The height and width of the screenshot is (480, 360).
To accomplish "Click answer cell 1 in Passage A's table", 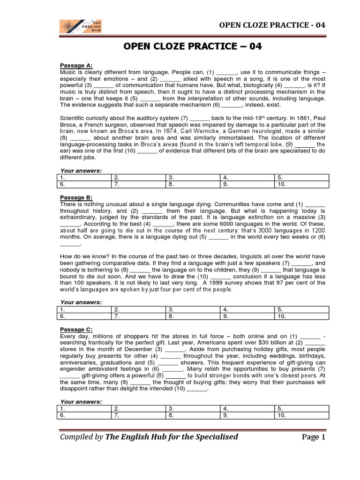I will [83, 178].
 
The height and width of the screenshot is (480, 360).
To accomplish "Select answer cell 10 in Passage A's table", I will [301, 184].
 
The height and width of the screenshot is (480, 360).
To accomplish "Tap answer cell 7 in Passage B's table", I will [138, 316].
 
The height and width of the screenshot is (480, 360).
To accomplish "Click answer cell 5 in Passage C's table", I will [301, 408].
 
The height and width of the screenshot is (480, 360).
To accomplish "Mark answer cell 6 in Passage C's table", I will [83, 415].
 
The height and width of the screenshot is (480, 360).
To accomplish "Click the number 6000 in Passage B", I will [214, 224].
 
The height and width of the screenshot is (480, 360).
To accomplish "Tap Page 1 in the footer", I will [313, 437].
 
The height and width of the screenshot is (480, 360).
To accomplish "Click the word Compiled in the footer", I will [75, 437].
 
